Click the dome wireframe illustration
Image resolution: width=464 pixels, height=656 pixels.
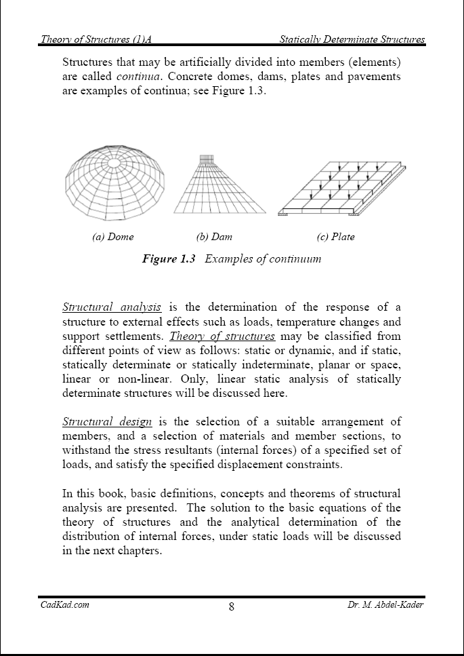click(115, 182)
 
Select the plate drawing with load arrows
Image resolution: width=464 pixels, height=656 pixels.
click(342, 189)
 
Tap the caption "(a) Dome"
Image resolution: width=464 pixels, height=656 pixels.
click(113, 237)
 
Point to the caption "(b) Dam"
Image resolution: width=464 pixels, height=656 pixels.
click(214, 237)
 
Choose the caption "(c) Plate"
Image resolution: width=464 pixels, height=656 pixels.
click(335, 237)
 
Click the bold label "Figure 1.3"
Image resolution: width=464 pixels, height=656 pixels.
click(169, 258)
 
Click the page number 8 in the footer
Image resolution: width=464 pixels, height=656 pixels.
click(232, 606)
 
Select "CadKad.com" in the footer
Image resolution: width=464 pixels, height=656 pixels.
click(64, 604)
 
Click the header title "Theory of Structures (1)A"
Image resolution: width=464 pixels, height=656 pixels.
click(100, 40)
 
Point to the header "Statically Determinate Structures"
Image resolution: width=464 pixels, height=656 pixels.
click(352, 40)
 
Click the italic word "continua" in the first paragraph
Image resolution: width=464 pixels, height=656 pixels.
click(138, 77)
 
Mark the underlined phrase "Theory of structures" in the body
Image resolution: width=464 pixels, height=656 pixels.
click(222, 336)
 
